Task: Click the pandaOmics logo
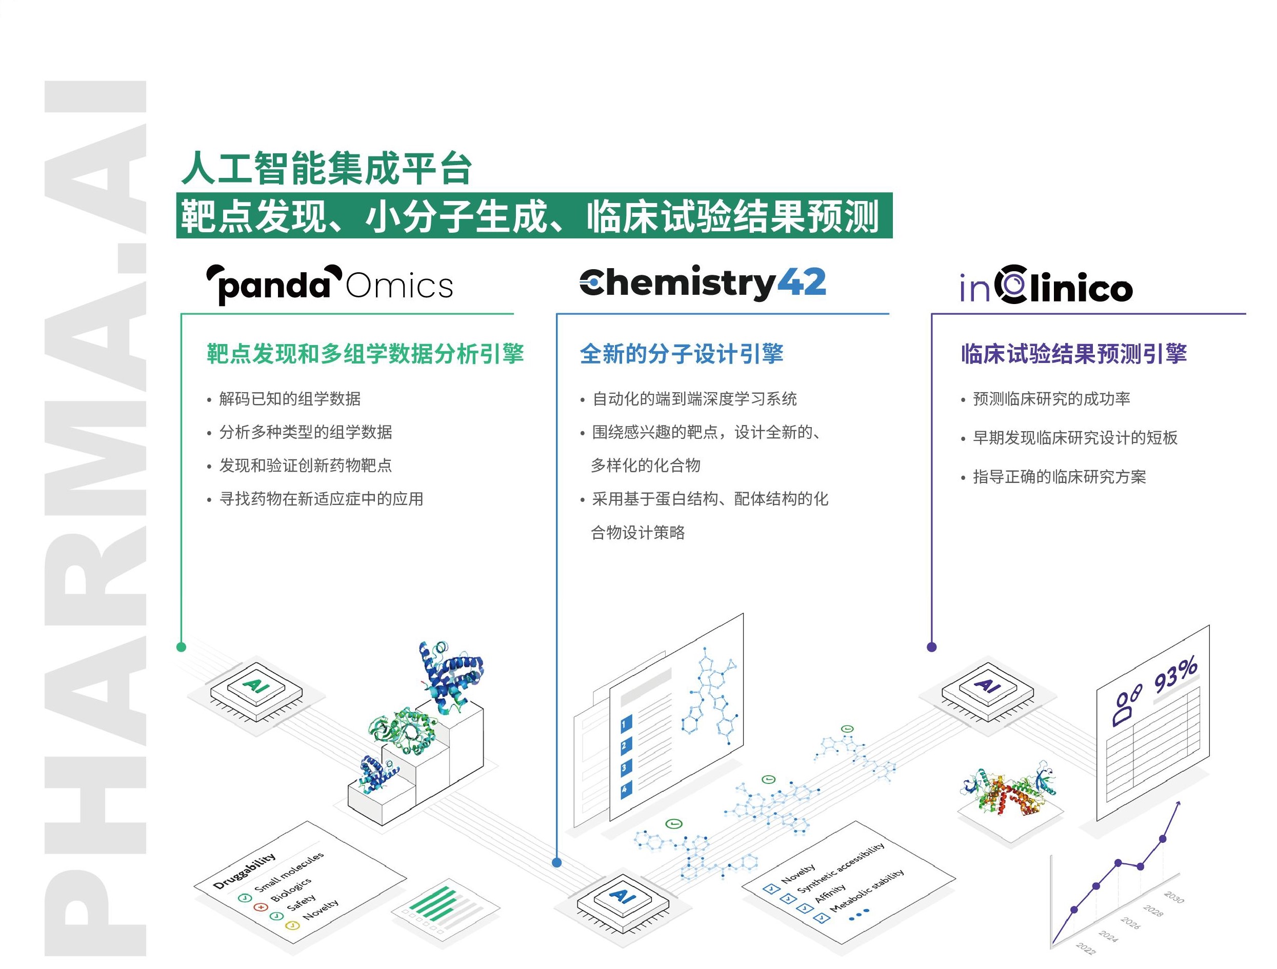pyautogui.click(x=330, y=285)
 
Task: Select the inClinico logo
pyautogui.click(x=1046, y=285)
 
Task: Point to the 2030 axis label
pyautogui.click(x=1174, y=897)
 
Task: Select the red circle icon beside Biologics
pyautogui.click(x=261, y=906)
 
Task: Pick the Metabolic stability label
pyautogui.click(x=867, y=890)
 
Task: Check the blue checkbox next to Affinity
pyautogui.click(x=804, y=909)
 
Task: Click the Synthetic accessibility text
pyautogui.click(x=841, y=867)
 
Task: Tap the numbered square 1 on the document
pyautogui.click(x=626, y=724)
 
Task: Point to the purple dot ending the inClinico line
pyautogui.click(x=931, y=647)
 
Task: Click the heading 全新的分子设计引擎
pyautogui.click(x=681, y=354)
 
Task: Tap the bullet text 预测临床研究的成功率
pyautogui.click(x=1051, y=399)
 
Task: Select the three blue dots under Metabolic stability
pyautogui.click(x=859, y=914)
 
